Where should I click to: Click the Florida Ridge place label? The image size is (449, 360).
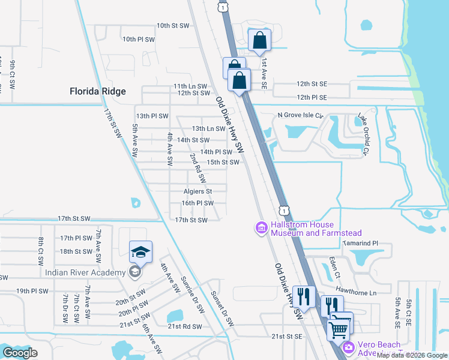pos(98,91)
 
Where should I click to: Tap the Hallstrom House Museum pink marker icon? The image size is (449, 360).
pos(261,228)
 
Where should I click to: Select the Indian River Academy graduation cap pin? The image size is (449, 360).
pos(140,253)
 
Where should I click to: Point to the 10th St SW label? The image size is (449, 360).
pos(172,26)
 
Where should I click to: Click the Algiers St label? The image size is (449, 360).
pos(198,191)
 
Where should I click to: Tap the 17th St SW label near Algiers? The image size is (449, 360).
pos(191,220)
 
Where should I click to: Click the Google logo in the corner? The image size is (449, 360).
pos(20,353)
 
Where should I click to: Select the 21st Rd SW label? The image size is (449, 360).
pos(185,326)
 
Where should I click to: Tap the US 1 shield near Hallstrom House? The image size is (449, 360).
pos(284,211)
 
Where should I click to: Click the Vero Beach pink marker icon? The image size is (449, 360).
pos(348,347)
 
